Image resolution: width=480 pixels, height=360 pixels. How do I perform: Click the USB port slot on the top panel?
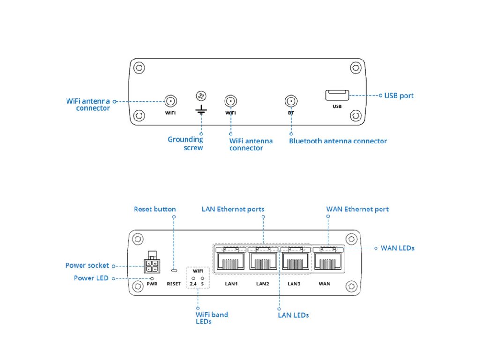point(337,95)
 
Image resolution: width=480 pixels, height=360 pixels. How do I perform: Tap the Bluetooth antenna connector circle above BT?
point(291,101)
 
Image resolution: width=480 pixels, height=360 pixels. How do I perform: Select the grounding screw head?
point(201,96)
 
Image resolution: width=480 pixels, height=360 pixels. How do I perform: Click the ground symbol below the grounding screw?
point(201,110)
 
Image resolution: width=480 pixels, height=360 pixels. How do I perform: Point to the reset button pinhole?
point(174,270)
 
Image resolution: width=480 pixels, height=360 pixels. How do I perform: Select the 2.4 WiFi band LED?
point(193,278)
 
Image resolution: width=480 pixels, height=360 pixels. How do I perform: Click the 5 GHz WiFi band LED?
point(202,278)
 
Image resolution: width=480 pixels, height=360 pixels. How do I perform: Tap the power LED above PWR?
point(152,278)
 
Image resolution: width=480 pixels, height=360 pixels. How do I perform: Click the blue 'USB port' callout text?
point(399,96)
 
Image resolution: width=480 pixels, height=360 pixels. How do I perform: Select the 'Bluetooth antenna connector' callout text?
point(338,141)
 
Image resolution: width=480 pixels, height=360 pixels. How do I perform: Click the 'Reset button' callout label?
point(155,210)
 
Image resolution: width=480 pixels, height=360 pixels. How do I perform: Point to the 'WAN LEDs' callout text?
point(397,248)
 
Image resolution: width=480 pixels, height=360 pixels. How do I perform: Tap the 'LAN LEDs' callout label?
point(293,315)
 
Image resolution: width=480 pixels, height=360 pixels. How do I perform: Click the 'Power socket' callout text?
point(87,265)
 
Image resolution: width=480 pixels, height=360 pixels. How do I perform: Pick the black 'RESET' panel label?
point(174,284)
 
